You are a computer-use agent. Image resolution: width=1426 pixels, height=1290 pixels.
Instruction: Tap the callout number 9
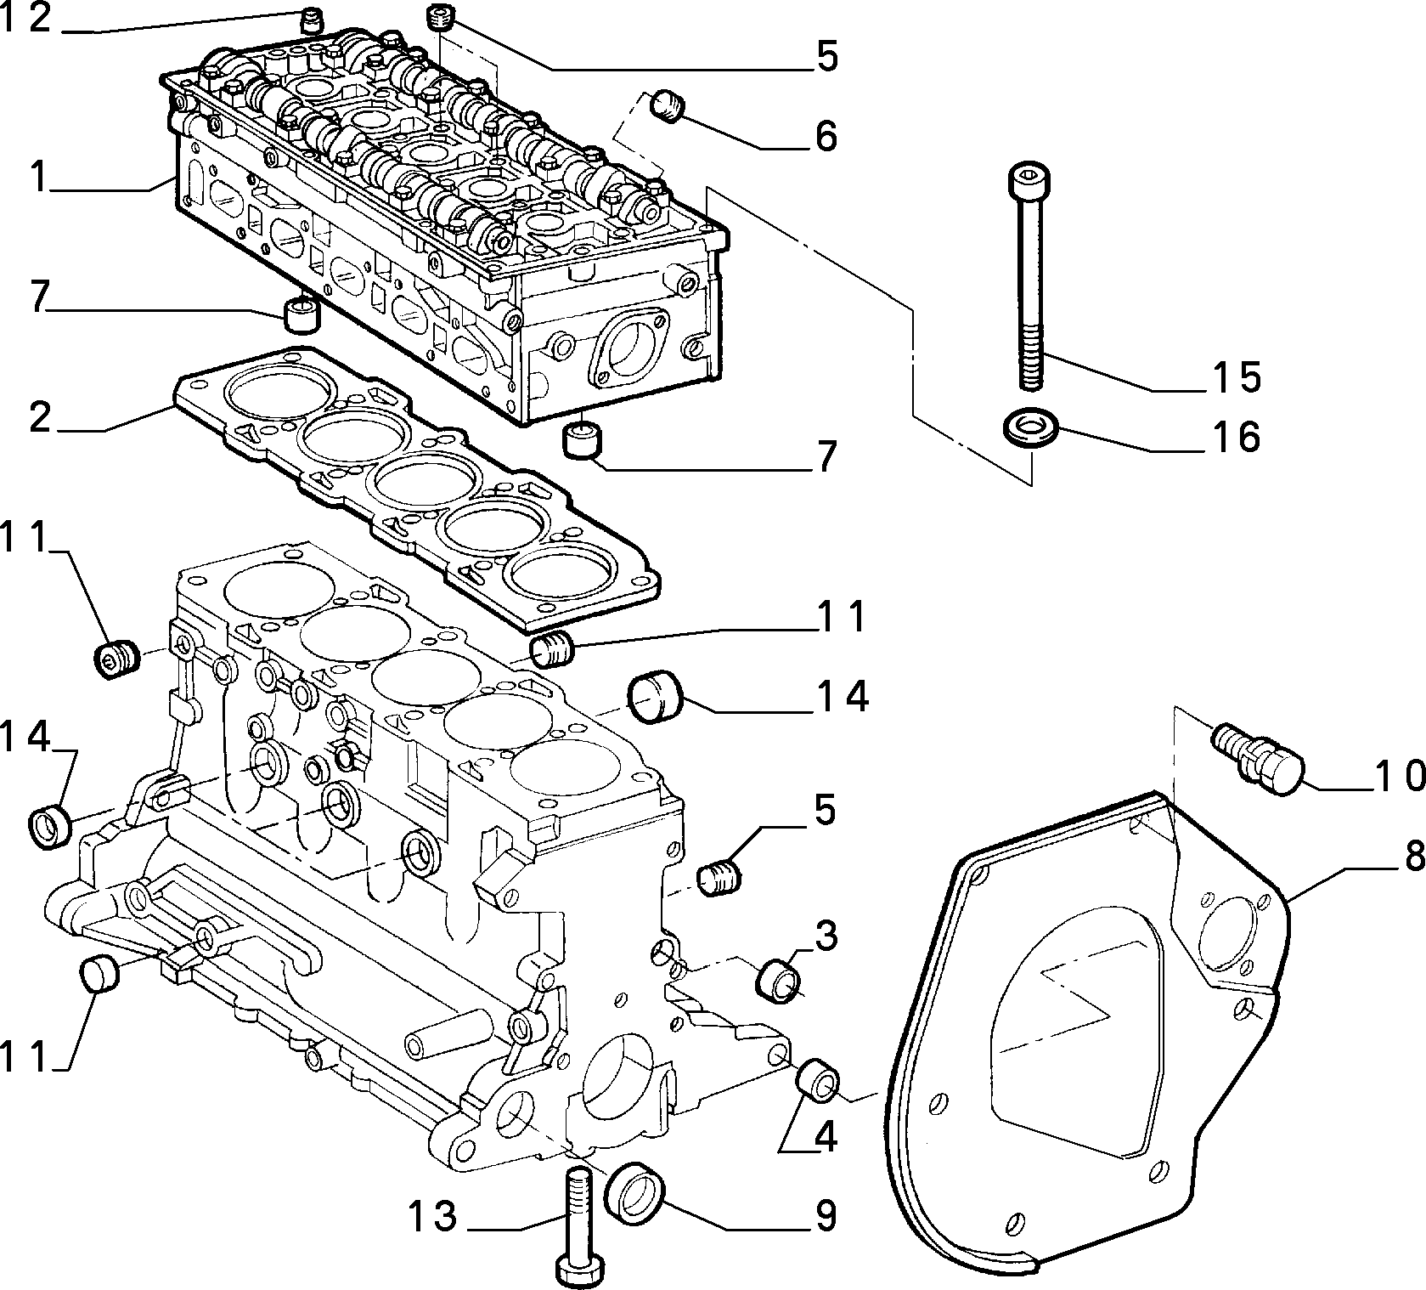click(825, 1216)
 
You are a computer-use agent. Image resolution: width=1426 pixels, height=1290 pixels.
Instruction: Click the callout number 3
click(825, 936)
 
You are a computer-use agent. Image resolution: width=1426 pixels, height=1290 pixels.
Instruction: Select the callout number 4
click(825, 1137)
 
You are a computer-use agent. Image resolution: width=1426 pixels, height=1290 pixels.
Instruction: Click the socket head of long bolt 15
click(1029, 182)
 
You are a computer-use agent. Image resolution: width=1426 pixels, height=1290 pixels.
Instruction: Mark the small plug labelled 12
click(313, 19)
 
